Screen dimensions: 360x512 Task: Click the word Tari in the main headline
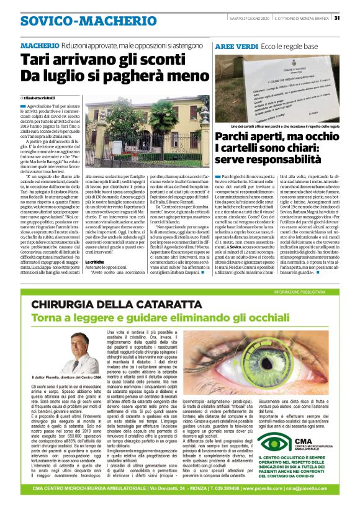click(35, 60)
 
